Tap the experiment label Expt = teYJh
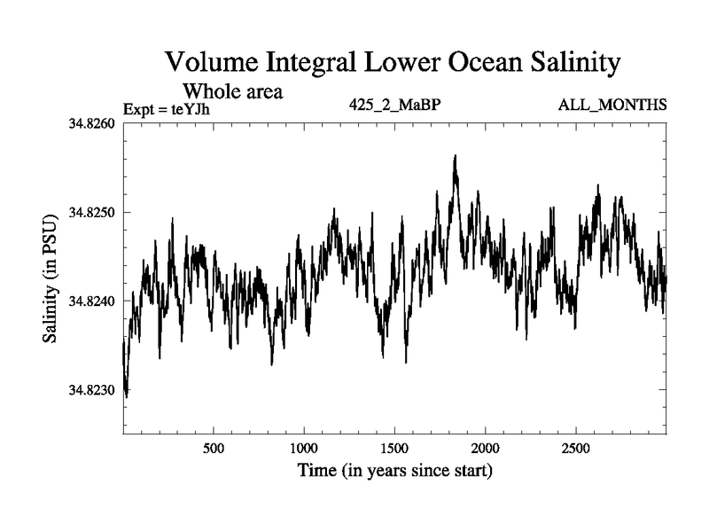click(168, 109)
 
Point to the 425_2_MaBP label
click(396, 106)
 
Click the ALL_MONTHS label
click(612, 106)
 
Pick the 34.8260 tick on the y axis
click(91, 123)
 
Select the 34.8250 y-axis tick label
click(91, 212)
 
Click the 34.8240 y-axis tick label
click(91, 301)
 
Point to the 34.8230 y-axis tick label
click(91, 390)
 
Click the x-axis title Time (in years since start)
click(395, 470)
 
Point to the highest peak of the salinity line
click(455, 156)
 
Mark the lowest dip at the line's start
click(127, 396)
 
